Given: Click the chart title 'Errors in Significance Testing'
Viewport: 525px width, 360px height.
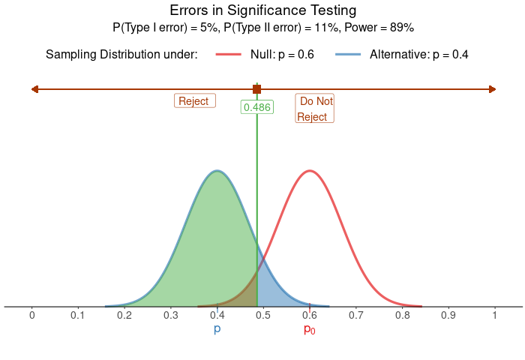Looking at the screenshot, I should pyautogui.click(x=262, y=10).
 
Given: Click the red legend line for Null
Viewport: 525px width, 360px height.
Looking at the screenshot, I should pyautogui.click(x=229, y=55).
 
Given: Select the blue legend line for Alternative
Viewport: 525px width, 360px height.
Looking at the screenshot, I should pyautogui.click(x=348, y=55).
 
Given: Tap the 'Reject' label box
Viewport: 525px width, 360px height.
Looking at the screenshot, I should pyautogui.click(x=195, y=101).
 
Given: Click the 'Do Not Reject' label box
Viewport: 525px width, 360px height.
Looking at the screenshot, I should pyautogui.click(x=314, y=109).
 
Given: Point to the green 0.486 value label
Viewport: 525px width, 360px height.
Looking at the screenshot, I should pyautogui.click(x=256, y=107).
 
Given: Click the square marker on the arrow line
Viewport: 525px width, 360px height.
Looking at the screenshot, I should pyautogui.click(x=256, y=89).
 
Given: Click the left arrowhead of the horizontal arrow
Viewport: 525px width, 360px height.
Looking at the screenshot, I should pyautogui.click(x=34, y=89).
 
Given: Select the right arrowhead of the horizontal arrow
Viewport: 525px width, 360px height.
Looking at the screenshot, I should pyautogui.click(x=492, y=89).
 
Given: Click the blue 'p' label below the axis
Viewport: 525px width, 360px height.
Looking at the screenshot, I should pyautogui.click(x=217, y=330).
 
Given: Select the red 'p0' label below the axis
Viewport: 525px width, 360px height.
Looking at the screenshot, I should pyautogui.click(x=309, y=330).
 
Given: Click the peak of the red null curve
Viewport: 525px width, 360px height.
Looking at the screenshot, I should pyautogui.click(x=309, y=171).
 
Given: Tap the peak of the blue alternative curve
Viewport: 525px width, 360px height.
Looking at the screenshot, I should pyautogui.click(x=217, y=171).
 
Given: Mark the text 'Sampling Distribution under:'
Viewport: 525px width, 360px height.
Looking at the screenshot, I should pyautogui.click(x=121, y=55).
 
